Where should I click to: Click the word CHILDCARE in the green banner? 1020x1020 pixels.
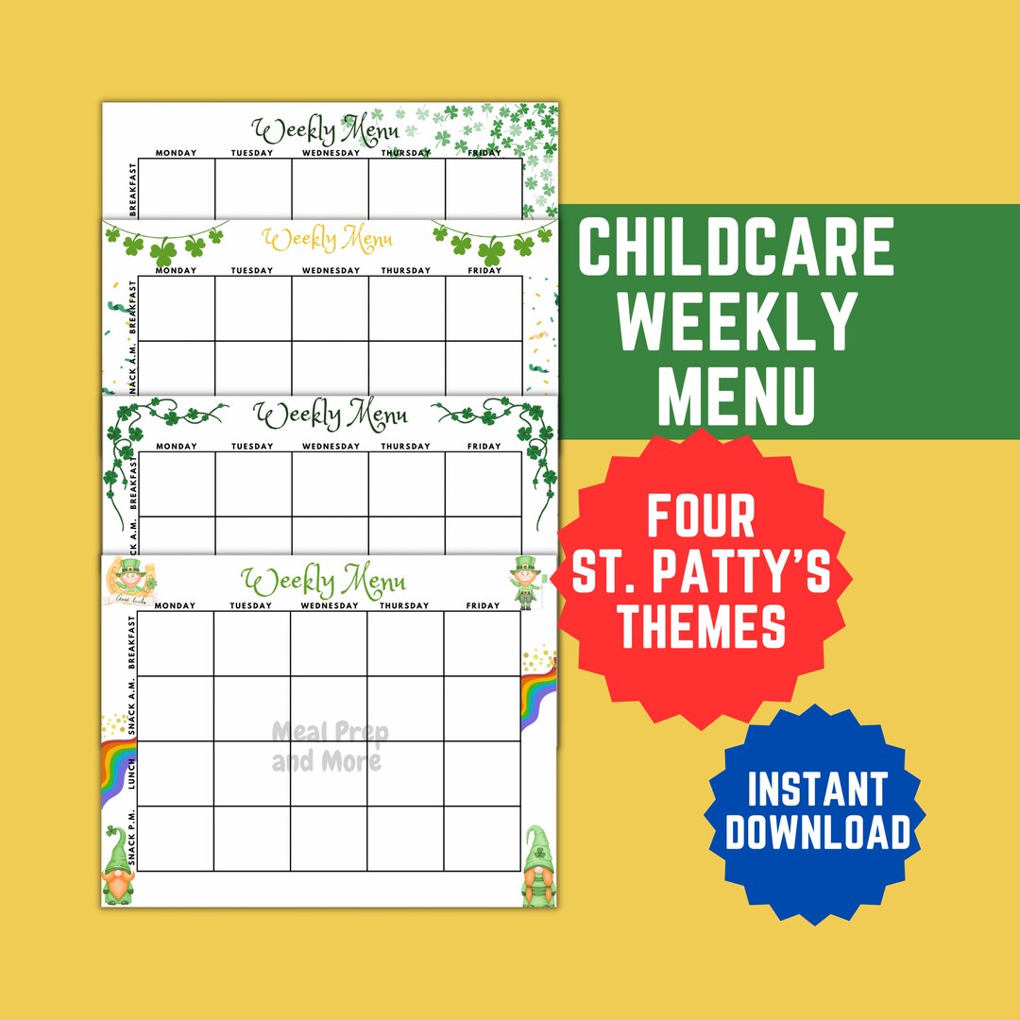736,247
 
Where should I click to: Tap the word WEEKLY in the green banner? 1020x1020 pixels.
738,321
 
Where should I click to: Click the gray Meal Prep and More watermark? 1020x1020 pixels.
328,746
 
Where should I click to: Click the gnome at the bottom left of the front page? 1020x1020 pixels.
118,866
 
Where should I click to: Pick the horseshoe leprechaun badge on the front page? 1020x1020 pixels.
130,578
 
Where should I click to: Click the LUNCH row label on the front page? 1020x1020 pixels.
132,773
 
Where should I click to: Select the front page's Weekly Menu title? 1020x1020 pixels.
323,578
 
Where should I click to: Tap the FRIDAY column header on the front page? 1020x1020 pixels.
483,605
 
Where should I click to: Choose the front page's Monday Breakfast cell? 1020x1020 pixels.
176,643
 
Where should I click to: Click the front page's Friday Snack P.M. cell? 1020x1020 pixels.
482,839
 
